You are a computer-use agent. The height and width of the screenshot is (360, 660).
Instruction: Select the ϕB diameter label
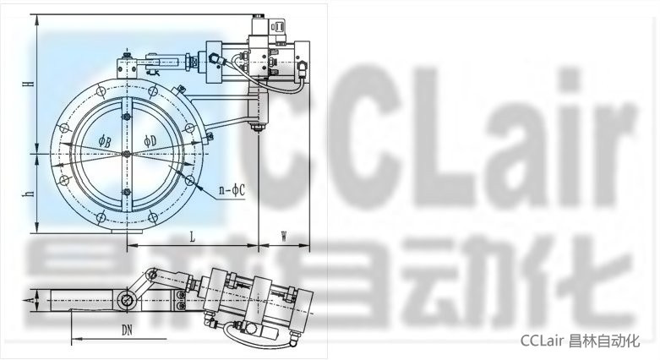105,141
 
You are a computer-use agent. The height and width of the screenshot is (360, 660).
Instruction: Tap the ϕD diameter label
150,140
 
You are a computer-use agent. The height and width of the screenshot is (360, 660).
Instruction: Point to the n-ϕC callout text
232,190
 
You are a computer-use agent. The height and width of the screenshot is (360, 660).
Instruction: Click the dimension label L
193,237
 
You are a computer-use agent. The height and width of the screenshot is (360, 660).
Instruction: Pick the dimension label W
284,237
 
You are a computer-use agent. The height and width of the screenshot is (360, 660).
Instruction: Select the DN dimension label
127,330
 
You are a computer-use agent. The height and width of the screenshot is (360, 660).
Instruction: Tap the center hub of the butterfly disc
126,155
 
